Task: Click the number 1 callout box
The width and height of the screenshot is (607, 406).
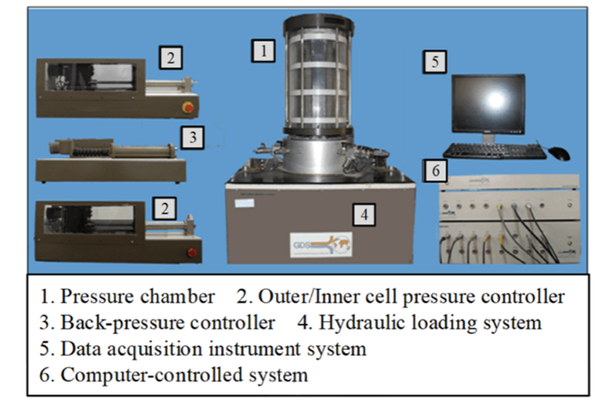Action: click(x=263, y=51)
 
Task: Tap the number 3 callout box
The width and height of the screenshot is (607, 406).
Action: click(x=192, y=138)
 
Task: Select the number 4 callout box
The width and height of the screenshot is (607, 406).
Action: click(x=364, y=214)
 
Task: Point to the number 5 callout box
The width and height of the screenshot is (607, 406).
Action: click(x=435, y=62)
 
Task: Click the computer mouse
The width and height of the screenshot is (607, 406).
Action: click(x=558, y=154)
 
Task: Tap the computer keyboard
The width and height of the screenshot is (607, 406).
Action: click(x=494, y=152)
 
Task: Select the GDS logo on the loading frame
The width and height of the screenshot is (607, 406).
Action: click(x=320, y=243)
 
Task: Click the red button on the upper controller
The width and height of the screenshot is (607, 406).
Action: click(x=189, y=107)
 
